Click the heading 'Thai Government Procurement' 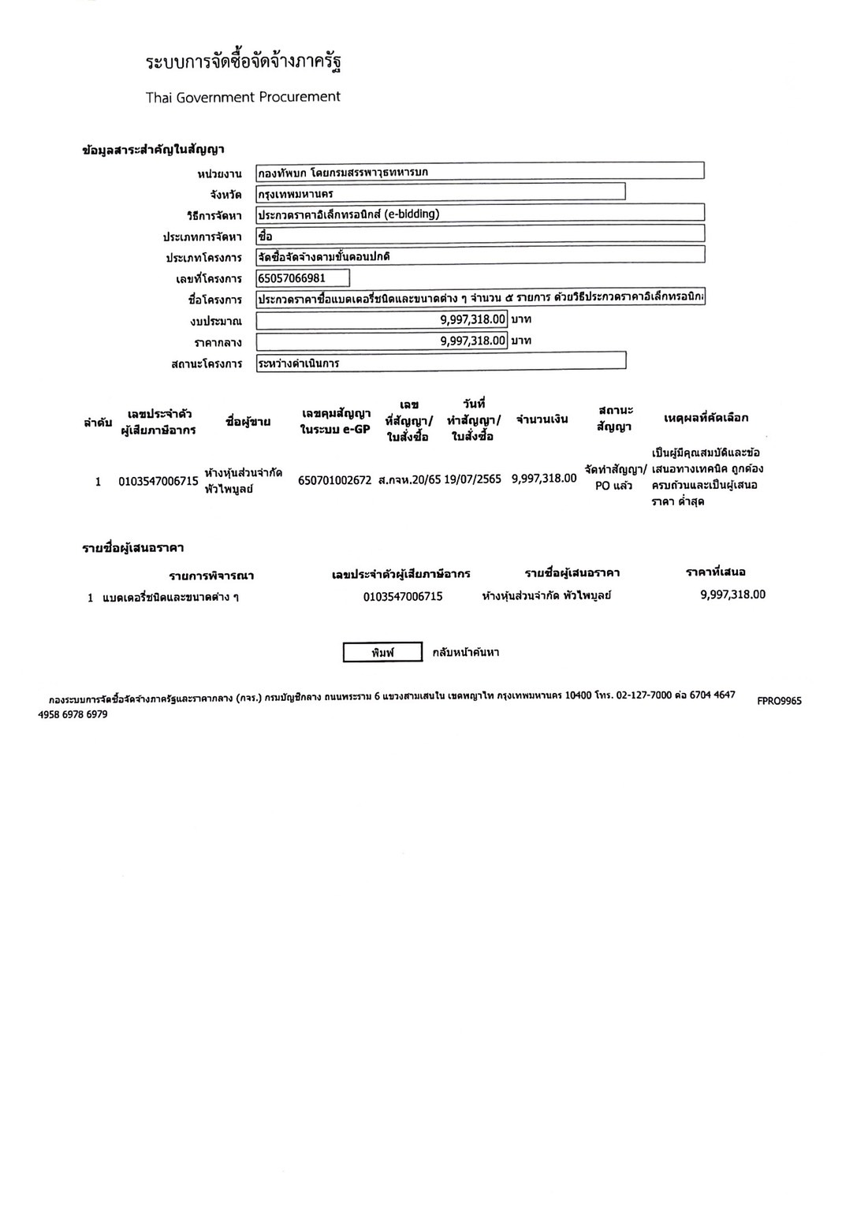click(x=243, y=97)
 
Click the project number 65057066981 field click(x=303, y=278)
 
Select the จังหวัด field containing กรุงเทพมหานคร click(x=440, y=192)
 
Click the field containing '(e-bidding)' click(x=479, y=214)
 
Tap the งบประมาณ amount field click(x=382, y=319)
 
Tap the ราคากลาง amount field click(x=382, y=341)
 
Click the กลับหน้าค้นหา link click(x=465, y=652)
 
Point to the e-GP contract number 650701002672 click(x=334, y=479)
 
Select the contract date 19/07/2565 click(x=472, y=479)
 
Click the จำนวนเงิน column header click(x=542, y=419)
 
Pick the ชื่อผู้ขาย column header click(x=248, y=422)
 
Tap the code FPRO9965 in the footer click(x=779, y=700)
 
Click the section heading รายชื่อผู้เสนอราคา click(x=133, y=548)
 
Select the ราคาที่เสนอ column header click(x=715, y=572)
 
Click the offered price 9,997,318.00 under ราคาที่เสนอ click(x=732, y=594)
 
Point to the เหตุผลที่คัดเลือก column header click(x=706, y=417)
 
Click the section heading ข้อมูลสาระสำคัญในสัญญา click(x=154, y=149)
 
